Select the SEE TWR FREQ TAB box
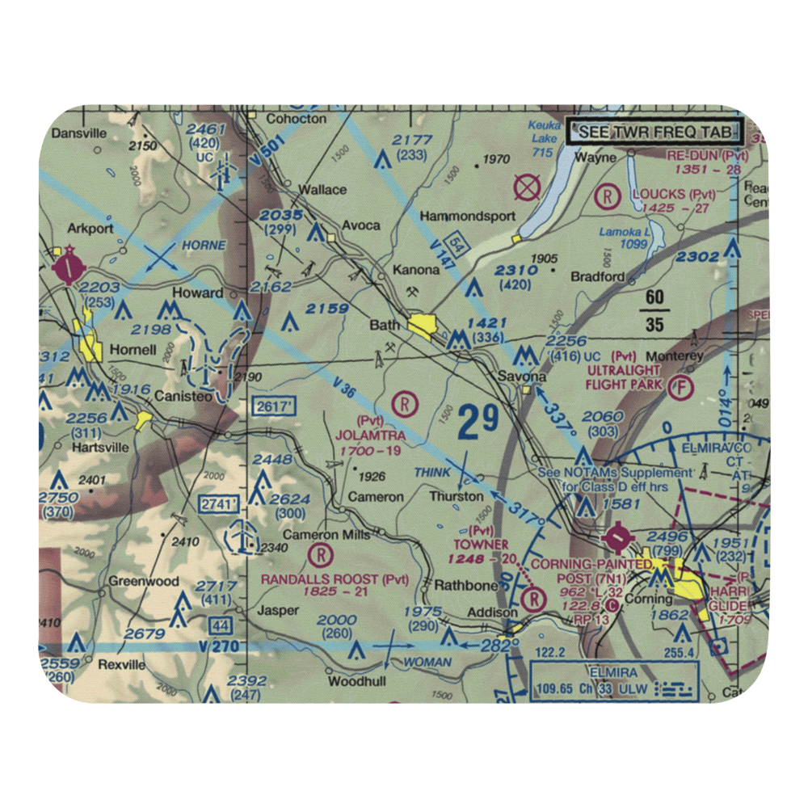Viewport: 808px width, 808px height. tap(654, 132)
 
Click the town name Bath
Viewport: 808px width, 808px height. tap(385, 326)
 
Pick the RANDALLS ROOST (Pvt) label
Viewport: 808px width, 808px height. tap(335, 579)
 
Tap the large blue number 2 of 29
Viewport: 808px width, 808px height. tap(469, 424)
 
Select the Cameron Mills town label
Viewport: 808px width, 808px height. tap(326, 535)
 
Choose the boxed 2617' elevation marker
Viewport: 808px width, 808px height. tap(272, 407)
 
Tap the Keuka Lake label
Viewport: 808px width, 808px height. tap(543, 138)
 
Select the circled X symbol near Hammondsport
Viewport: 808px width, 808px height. tap(528, 188)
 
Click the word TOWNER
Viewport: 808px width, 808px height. tap(481, 545)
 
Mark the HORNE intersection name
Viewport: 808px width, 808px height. tap(203, 245)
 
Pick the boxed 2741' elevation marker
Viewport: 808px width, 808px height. tap(218, 504)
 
